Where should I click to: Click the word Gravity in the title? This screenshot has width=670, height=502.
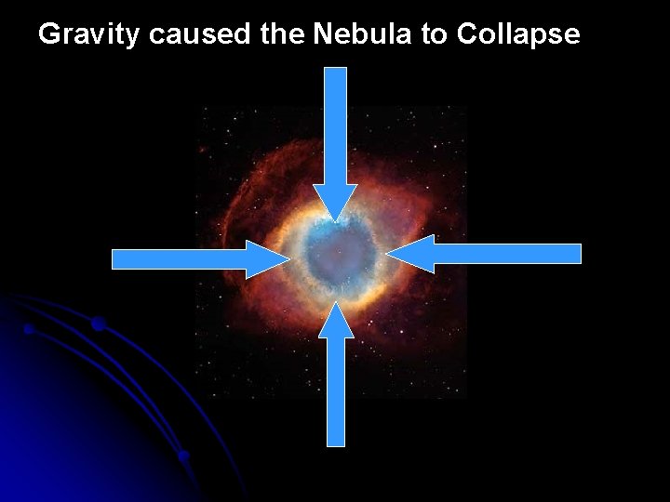pyautogui.click(x=89, y=34)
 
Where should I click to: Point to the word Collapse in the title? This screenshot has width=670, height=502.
pyautogui.click(x=519, y=34)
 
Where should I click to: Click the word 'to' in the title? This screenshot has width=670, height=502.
pyautogui.click(x=437, y=34)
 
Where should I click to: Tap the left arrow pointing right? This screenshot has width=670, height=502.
pyautogui.click(x=195, y=258)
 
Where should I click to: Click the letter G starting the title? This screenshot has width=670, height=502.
pyautogui.click(x=48, y=34)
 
